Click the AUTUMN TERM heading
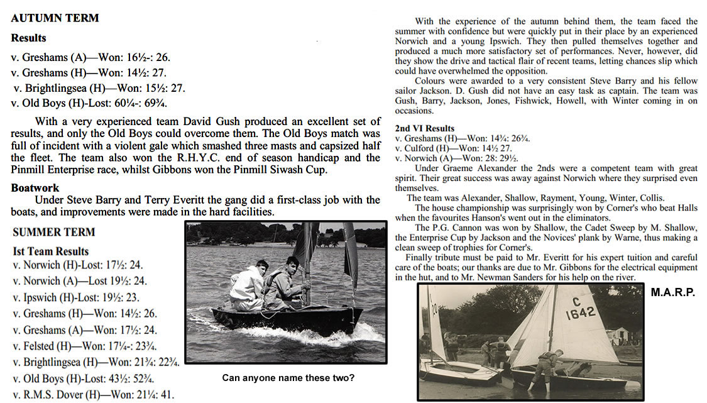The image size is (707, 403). pyautogui.click(x=55, y=18)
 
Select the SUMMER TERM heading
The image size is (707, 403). pyautogui.click(x=54, y=232)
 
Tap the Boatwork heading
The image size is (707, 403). pyautogui.click(x=35, y=187)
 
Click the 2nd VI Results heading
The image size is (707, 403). pyautogui.click(x=424, y=128)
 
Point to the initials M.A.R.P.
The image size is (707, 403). pyautogui.click(x=672, y=293)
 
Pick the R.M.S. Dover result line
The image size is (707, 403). pyautogui.click(x=94, y=395)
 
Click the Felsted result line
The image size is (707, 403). pyautogui.click(x=85, y=346)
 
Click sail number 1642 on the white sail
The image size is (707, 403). pyautogui.click(x=580, y=313)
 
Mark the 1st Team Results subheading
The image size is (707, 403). pyautogui.click(x=51, y=251)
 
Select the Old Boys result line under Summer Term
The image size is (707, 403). pyautogui.click(x=84, y=378)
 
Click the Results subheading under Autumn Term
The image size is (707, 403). pyautogui.click(x=28, y=38)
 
